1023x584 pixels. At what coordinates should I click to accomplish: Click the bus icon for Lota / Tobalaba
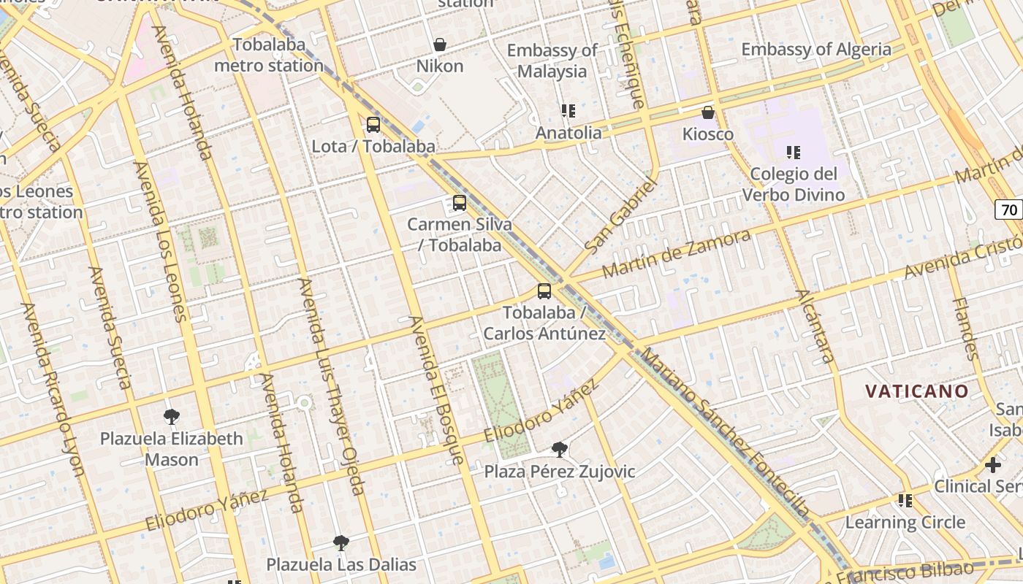pyautogui.click(x=373, y=125)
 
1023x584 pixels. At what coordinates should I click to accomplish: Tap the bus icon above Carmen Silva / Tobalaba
pyautogui.click(x=460, y=203)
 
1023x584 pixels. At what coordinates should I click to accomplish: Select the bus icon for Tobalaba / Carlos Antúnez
pyautogui.click(x=544, y=291)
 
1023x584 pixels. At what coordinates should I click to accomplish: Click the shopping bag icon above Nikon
pyautogui.click(x=440, y=45)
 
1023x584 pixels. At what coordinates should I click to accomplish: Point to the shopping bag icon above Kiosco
pyautogui.click(x=707, y=112)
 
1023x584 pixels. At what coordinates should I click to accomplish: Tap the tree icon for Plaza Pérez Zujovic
pyautogui.click(x=560, y=450)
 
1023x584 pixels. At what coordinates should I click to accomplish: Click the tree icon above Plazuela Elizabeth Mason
pyautogui.click(x=172, y=417)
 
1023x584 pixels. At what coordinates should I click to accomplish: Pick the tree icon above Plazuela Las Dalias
pyautogui.click(x=341, y=543)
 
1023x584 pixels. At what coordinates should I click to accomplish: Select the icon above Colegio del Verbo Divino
pyautogui.click(x=794, y=153)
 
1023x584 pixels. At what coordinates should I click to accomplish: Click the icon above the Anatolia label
pyautogui.click(x=568, y=111)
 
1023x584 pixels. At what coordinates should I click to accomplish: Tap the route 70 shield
pyautogui.click(x=1009, y=210)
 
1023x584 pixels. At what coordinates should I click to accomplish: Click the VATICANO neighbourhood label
pyautogui.click(x=917, y=391)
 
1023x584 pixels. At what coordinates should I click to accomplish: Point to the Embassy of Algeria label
pyautogui.click(x=816, y=50)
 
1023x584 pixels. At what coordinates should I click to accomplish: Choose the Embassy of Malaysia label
pyautogui.click(x=552, y=61)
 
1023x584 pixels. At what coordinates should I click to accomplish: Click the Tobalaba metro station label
pyautogui.click(x=269, y=55)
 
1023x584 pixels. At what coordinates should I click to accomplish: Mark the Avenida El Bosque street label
pyautogui.click(x=437, y=391)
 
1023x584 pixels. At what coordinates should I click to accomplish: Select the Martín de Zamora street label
pyautogui.click(x=676, y=253)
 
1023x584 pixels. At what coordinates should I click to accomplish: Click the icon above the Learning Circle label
pyautogui.click(x=905, y=501)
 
